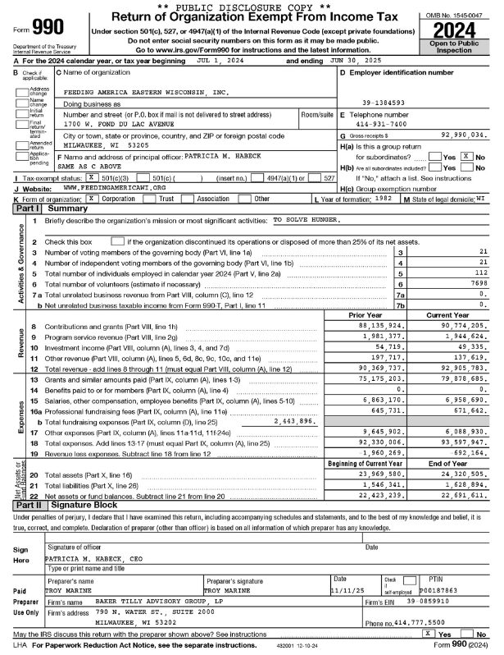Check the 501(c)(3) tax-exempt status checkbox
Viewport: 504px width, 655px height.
(x=90, y=176)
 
